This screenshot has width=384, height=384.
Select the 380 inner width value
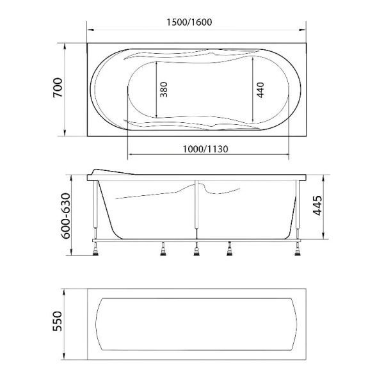(163, 92)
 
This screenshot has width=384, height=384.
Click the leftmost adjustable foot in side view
(95, 250)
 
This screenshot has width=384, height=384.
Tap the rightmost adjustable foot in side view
(297, 250)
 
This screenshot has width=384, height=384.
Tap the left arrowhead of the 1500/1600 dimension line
(89, 30)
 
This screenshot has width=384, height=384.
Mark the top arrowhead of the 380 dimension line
(156, 64)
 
